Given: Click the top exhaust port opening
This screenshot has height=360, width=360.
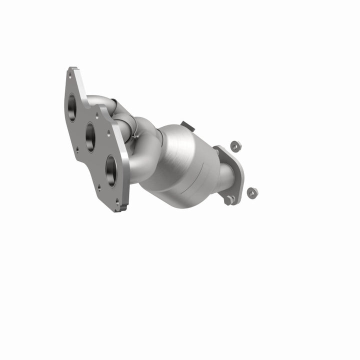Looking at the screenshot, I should click(x=72, y=107).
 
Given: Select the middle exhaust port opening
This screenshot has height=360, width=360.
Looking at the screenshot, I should click(x=90, y=137).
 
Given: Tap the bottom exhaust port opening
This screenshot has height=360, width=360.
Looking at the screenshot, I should click(x=111, y=170).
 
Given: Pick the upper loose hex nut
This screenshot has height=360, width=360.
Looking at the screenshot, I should click(x=235, y=146).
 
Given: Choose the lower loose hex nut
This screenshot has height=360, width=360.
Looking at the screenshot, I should click(x=252, y=192).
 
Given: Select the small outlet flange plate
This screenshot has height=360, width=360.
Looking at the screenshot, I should click(x=230, y=172).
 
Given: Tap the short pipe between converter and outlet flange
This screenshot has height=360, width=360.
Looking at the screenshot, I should click(x=225, y=177).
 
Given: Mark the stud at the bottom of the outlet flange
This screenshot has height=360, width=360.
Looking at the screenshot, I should click(x=229, y=200).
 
